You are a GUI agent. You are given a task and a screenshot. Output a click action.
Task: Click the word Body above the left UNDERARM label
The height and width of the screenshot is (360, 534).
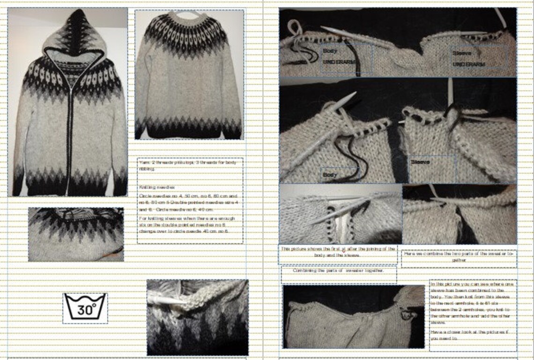pos(330,51)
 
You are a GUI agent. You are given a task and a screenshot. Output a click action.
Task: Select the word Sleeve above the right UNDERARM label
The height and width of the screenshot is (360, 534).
pos(461,53)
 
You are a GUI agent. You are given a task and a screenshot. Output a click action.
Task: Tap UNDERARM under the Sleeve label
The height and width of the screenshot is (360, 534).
pos(469,64)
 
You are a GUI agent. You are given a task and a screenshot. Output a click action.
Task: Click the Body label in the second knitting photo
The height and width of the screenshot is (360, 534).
pos(330,175)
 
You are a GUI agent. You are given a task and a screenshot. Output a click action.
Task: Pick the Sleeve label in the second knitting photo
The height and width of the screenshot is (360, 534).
pos(420,162)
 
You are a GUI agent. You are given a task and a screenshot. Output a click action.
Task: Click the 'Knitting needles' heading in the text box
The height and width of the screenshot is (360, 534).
pos(150,186)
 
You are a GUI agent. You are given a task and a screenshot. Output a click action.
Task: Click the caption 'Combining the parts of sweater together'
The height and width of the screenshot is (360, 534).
pos(338,270)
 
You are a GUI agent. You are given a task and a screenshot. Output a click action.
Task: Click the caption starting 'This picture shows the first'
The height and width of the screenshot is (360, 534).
pos(338,252)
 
